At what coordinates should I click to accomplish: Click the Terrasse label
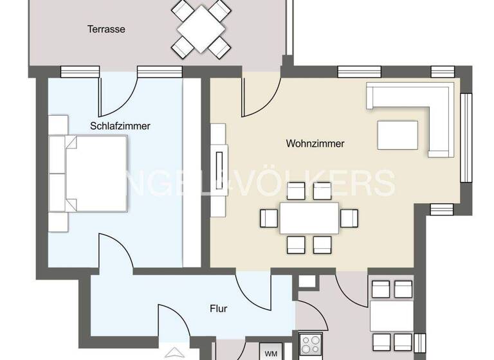click(106, 29)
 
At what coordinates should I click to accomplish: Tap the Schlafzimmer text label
click(120, 126)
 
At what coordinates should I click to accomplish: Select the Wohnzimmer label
click(315, 143)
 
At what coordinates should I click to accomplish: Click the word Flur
click(219, 308)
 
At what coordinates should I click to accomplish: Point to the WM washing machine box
click(271, 353)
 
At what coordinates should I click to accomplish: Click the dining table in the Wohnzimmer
click(309, 218)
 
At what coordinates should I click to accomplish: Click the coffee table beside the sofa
click(397, 136)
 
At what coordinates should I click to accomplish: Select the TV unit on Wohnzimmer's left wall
click(219, 170)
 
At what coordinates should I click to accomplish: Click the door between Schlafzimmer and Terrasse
click(118, 93)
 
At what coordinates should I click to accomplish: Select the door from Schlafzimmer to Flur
click(116, 251)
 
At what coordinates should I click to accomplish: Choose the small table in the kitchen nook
click(391, 315)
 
